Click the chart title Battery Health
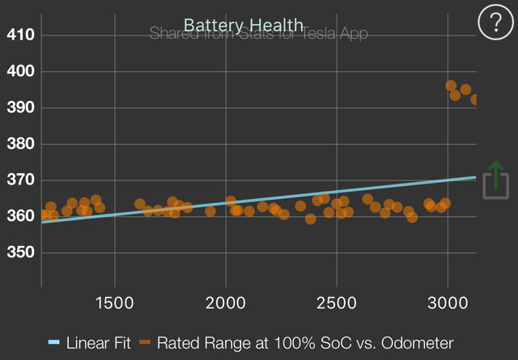244,25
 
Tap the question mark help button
491,23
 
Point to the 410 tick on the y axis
19,35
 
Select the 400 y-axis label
19,71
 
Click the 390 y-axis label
19,108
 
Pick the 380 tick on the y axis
19,144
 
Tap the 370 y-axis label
19,180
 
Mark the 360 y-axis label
19,217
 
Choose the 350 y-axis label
19,253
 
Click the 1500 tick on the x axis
115,302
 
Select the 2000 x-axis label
226,302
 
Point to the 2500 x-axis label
337,302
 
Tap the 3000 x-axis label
448,302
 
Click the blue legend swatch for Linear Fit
54,342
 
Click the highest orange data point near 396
451,86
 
